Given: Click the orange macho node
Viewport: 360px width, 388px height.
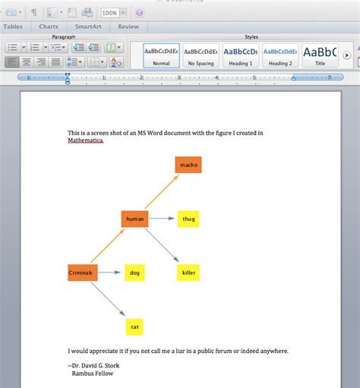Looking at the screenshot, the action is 188,165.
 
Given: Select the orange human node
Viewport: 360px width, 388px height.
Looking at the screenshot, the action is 134,219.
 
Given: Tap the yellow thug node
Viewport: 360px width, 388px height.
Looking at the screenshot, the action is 188,219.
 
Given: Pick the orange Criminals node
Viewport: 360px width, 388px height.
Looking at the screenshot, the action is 82,273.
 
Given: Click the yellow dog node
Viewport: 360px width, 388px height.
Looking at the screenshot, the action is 134,273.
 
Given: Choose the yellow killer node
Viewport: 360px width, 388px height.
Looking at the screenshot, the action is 188,273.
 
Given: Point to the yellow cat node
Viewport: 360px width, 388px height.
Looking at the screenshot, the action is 134,327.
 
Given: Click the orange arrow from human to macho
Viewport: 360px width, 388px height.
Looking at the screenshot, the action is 161,192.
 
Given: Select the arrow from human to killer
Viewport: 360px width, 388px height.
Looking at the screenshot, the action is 162,246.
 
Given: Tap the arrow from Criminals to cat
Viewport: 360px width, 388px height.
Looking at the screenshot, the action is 108,299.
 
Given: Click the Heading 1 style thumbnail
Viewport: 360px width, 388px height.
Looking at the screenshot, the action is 240,55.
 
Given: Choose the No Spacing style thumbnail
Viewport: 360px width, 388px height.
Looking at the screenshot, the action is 201,55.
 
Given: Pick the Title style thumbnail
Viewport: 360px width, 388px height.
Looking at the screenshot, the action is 320,55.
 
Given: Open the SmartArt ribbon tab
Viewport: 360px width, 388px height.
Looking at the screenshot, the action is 89,27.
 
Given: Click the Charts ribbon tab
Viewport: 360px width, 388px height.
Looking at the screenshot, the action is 49,27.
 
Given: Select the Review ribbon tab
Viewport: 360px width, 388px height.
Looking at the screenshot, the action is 128,27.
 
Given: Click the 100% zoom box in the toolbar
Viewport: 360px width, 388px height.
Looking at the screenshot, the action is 110,13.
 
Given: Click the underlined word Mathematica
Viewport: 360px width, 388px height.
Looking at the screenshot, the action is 85,140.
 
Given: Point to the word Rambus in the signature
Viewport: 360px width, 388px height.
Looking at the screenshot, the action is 84,373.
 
